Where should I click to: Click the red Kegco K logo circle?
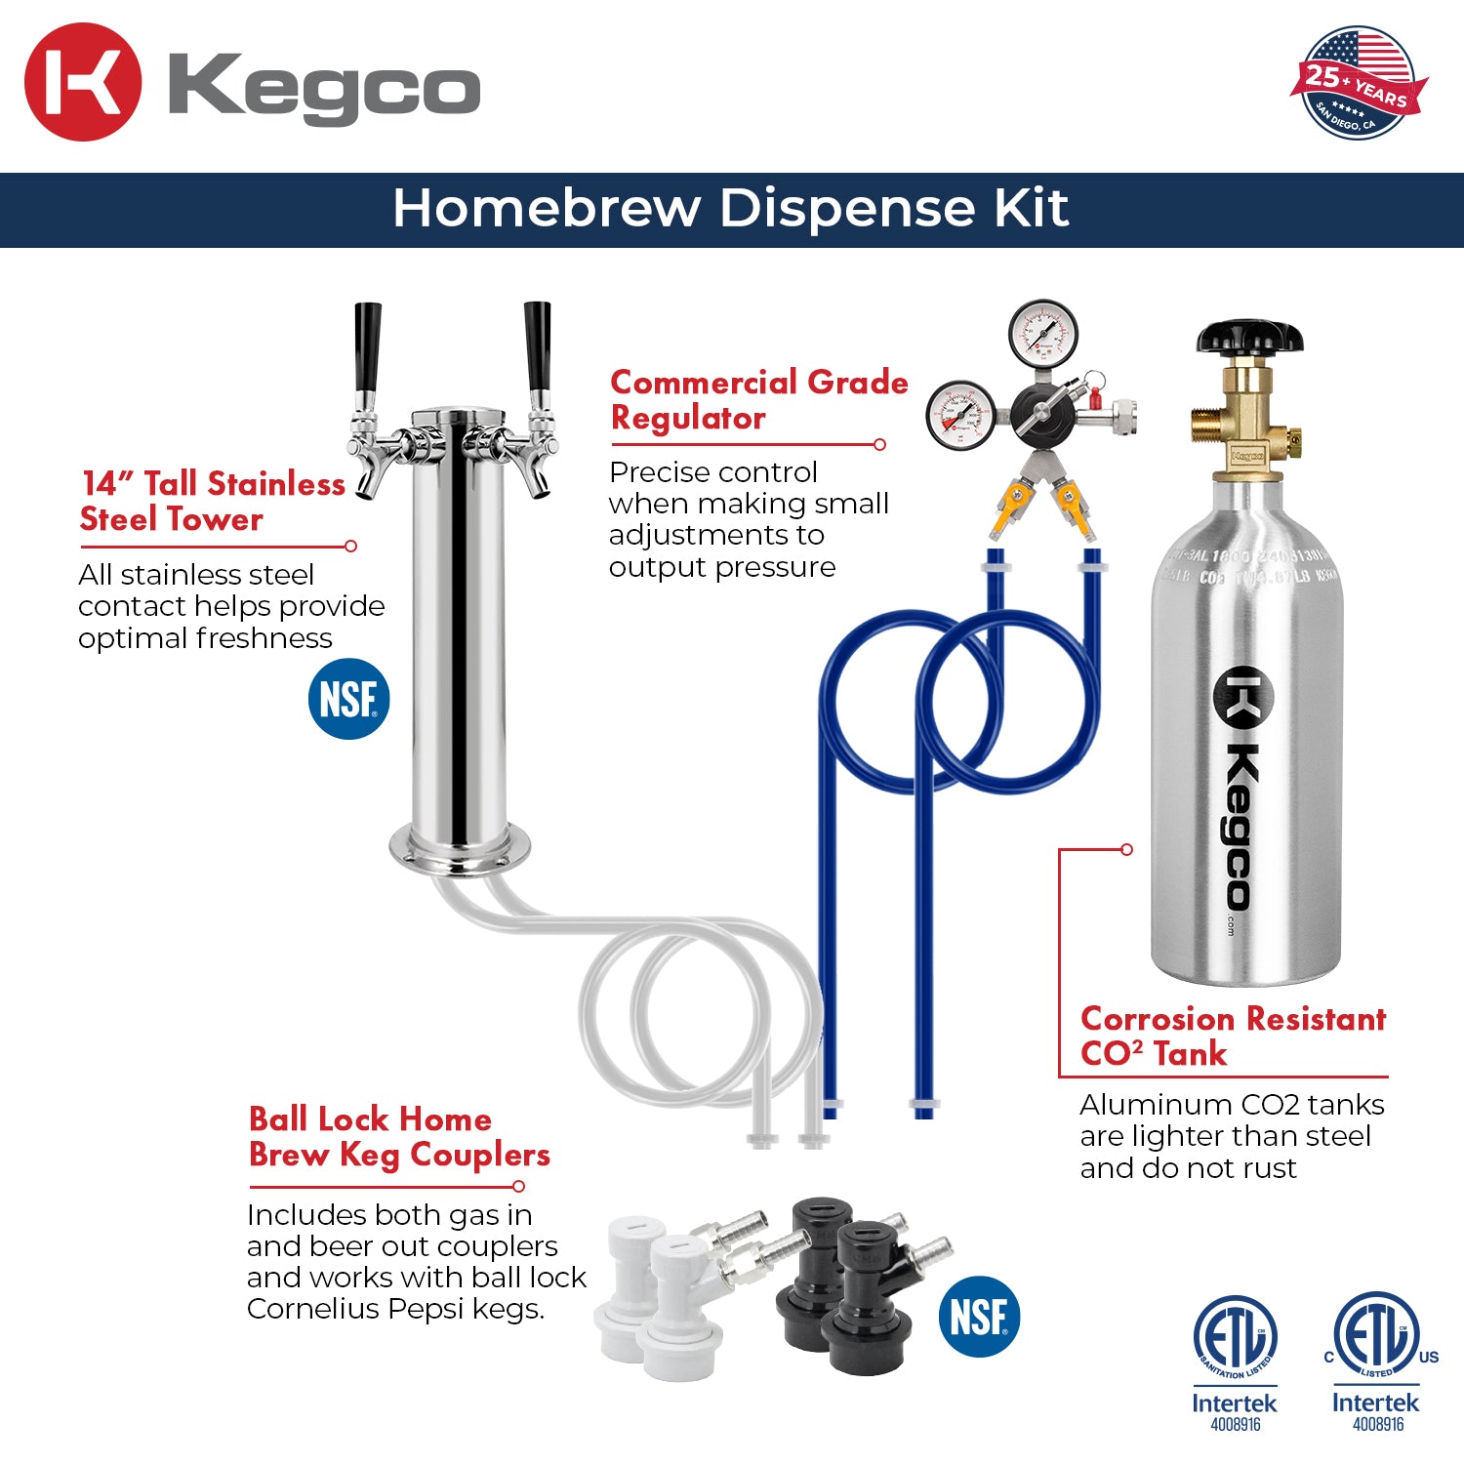[82, 82]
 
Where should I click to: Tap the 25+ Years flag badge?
[1358, 82]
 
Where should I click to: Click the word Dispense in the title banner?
[848, 208]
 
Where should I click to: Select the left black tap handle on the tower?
[367, 346]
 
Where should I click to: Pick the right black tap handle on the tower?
[537, 346]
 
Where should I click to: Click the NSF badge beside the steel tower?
[348, 700]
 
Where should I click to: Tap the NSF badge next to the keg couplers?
[979, 1317]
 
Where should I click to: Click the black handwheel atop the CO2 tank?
[1249, 337]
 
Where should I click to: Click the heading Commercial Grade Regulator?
[757, 400]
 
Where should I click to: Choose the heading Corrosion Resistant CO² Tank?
[1232, 1037]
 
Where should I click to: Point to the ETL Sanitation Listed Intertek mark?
[1235, 1362]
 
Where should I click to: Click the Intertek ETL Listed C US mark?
[1377, 1362]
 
